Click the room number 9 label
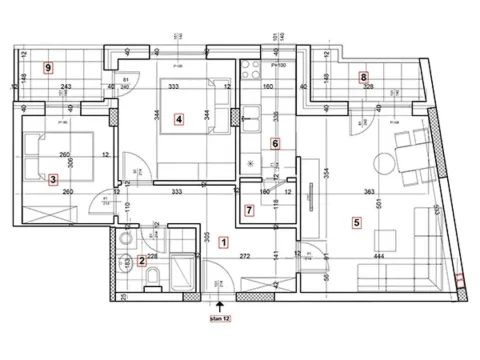(48, 67)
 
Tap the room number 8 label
(363, 76)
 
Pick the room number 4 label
(178, 119)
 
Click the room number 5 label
(356, 221)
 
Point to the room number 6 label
(276, 143)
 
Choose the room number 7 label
(249, 211)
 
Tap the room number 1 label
(223, 241)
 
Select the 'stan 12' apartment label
(218, 319)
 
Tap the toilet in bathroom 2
(127, 264)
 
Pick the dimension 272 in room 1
(244, 257)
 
